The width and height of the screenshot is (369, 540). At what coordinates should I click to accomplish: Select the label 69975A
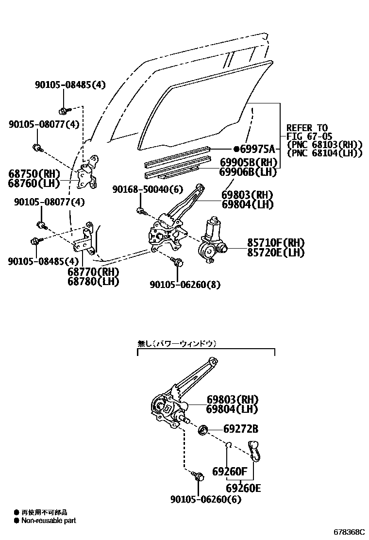click(258, 149)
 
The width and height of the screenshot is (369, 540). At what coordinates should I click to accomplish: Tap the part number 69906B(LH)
click(248, 172)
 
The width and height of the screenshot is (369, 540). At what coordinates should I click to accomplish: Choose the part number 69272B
click(241, 429)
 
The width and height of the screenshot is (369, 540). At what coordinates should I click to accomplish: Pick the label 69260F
click(230, 471)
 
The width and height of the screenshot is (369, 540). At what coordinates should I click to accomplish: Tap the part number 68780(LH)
click(93, 281)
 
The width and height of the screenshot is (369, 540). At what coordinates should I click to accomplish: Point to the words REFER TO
click(307, 128)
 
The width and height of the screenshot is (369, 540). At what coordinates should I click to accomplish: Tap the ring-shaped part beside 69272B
click(203, 429)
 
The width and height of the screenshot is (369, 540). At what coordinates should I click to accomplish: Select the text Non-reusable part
click(48, 521)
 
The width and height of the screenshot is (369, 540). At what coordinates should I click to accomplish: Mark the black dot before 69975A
click(236, 149)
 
